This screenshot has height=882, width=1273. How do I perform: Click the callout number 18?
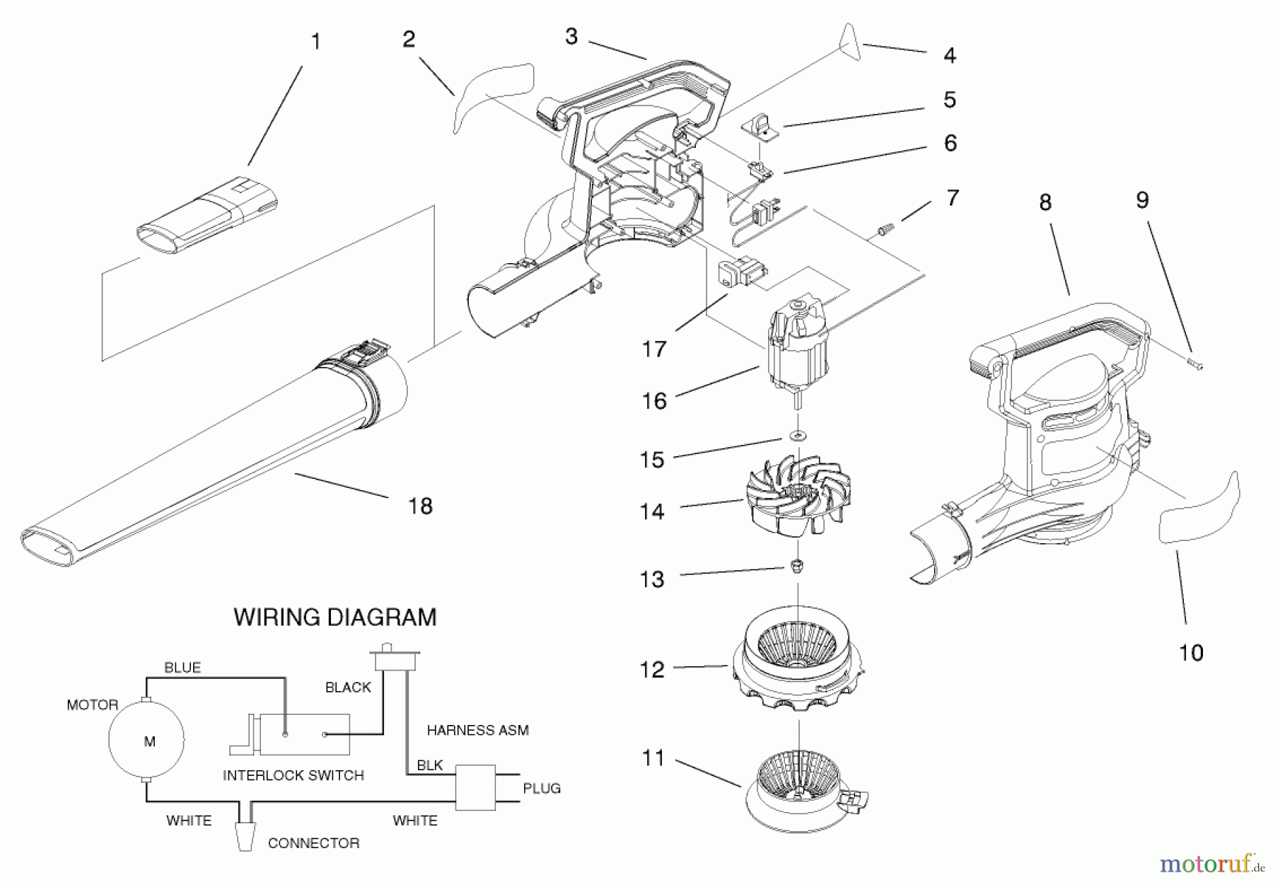click(420, 506)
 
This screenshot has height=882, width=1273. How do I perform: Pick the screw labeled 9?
click(1194, 364)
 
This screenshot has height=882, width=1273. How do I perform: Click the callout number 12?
click(652, 668)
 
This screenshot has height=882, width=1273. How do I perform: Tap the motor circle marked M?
click(147, 741)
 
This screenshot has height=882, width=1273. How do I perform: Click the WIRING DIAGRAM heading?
click(335, 617)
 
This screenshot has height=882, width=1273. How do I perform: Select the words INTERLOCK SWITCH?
click(293, 775)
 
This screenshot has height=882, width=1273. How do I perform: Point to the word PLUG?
click(542, 788)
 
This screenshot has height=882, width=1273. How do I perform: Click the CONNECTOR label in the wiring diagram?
click(313, 843)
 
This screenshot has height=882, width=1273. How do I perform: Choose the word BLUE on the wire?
click(182, 667)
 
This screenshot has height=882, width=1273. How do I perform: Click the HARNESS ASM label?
click(477, 730)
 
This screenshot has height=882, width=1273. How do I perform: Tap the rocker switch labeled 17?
click(742, 273)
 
